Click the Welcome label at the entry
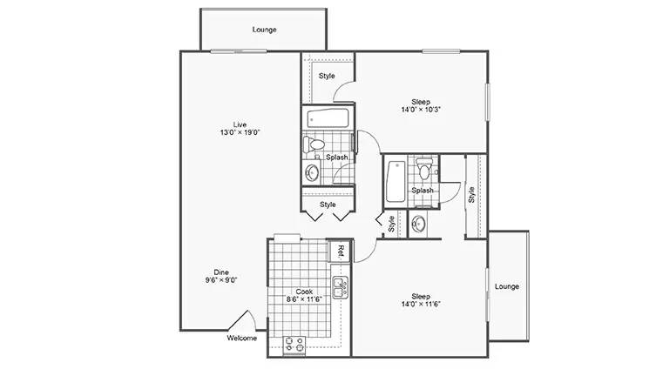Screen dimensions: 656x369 point(242,338)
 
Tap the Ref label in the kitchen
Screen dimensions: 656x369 point(341,251)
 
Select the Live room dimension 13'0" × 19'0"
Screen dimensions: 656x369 point(240,132)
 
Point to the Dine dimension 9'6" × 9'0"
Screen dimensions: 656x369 point(221,280)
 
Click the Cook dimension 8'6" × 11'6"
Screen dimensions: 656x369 point(304,299)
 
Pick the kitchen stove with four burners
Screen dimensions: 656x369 point(294,346)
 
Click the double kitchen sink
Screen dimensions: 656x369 point(341,287)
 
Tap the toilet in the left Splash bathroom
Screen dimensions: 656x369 point(314,144)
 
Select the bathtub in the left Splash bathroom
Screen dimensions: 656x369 point(328,118)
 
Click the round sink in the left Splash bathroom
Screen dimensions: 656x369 point(312,172)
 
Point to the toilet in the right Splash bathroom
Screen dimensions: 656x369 point(424,168)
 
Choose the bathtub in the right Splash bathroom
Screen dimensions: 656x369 point(396,182)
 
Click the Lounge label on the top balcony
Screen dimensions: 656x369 point(265,30)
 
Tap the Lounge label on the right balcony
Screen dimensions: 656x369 point(507,286)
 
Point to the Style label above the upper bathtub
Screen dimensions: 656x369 point(327,76)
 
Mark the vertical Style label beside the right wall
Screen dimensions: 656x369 point(471,195)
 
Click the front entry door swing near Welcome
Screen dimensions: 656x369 point(242,320)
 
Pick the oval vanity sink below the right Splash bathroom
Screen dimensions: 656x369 point(418,224)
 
